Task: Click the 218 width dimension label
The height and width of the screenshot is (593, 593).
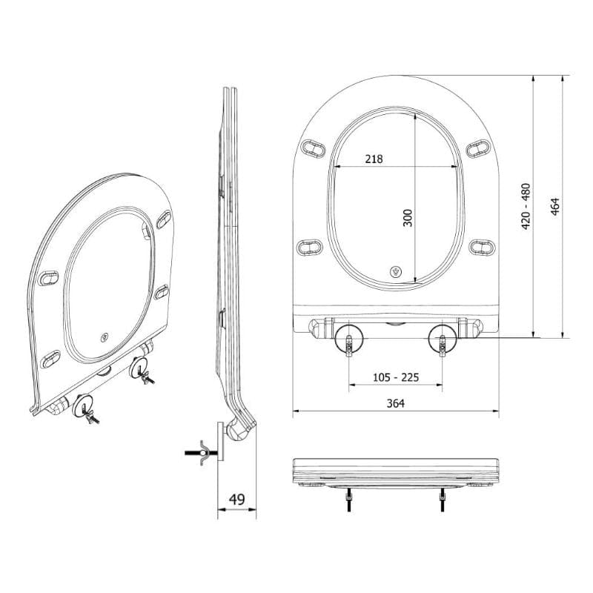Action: [x=374, y=159]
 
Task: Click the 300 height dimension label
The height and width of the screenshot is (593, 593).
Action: [x=407, y=217]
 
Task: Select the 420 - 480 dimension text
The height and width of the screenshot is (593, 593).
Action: [x=526, y=205]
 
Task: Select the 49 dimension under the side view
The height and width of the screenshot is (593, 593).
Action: [x=236, y=499]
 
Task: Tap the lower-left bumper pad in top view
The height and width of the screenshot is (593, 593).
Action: [x=309, y=246]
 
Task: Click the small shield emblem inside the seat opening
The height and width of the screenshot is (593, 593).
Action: [x=397, y=271]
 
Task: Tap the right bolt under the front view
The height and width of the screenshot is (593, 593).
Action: [x=443, y=501]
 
